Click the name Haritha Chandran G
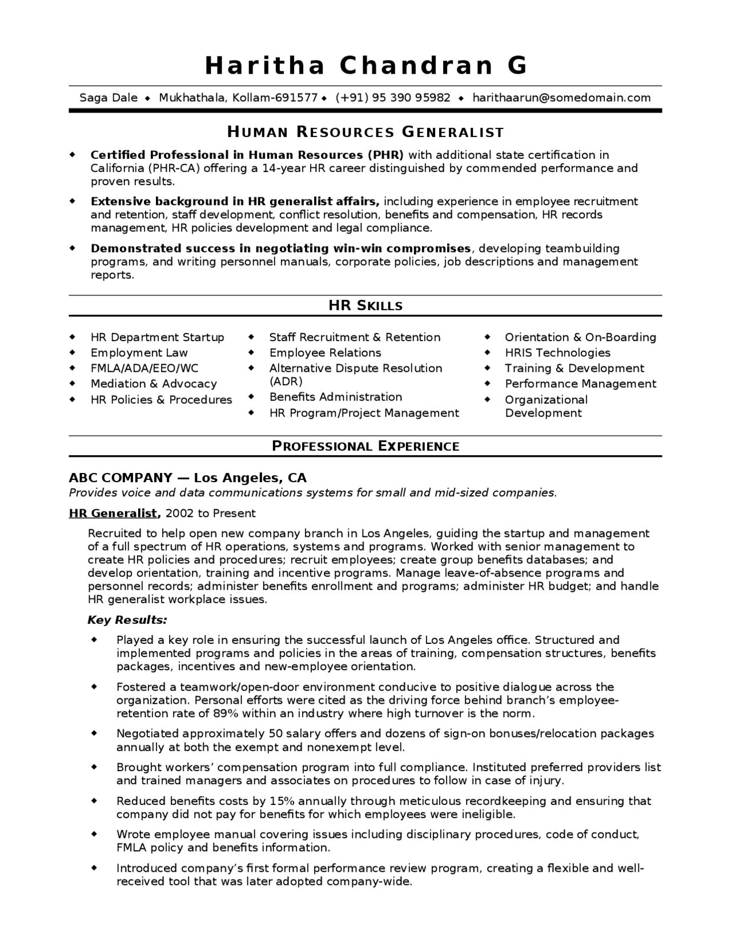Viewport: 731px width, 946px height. coord(365,65)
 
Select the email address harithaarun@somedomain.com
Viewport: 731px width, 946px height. coord(561,98)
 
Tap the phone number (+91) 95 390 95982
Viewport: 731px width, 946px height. coord(393,98)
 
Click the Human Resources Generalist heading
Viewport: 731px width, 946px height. coord(365,133)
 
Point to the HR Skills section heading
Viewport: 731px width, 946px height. coord(365,306)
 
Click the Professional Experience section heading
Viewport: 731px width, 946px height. coord(365,446)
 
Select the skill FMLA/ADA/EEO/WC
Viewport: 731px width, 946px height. coord(144,368)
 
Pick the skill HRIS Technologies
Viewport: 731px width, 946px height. coord(557,353)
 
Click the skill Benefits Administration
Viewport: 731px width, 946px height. coord(336,397)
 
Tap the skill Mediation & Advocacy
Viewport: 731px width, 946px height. coord(154,384)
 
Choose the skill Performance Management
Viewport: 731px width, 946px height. coord(580,384)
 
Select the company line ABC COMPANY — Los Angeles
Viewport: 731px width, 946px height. coord(187,478)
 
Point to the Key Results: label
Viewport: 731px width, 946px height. coord(127,620)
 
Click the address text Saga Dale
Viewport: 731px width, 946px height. coord(109,98)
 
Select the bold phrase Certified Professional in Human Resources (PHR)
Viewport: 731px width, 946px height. coord(247,155)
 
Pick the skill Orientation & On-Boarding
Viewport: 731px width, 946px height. coord(580,338)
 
